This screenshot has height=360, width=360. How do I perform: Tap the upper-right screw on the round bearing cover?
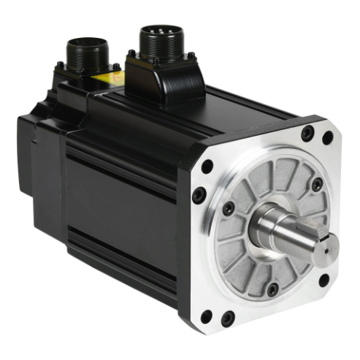coord(317,185)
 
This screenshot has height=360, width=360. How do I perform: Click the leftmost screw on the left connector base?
coord(60,66)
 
